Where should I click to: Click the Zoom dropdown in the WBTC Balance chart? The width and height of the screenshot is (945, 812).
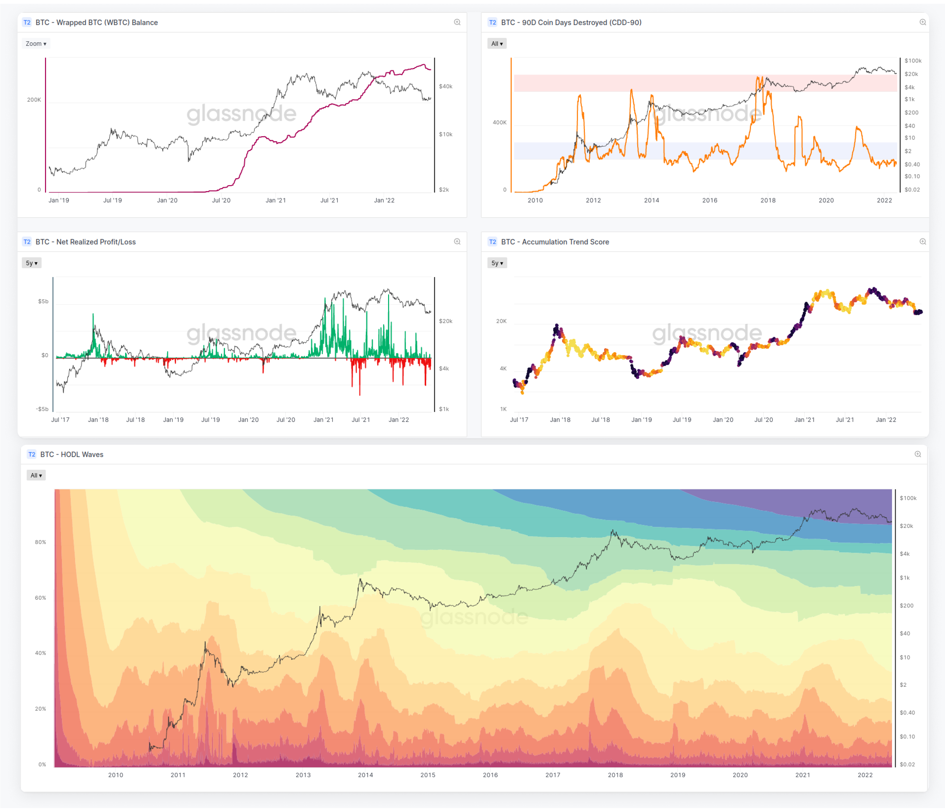click(x=36, y=44)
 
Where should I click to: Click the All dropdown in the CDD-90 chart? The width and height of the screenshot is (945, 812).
click(x=497, y=44)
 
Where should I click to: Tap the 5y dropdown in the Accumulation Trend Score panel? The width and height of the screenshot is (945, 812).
click(x=497, y=263)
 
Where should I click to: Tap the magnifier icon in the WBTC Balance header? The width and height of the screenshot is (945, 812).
click(x=457, y=22)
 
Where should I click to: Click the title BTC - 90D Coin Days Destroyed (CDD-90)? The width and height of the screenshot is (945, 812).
click(x=571, y=22)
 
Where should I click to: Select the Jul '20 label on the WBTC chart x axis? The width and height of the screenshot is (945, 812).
click(x=221, y=200)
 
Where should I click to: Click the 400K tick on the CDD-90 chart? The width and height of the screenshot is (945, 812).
click(x=499, y=122)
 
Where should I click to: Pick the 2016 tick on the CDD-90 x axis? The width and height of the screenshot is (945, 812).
click(x=710, y=200)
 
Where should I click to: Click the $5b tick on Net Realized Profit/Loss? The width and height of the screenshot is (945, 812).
click(x=43, y=301)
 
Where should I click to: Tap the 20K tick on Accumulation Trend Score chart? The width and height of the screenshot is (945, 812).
click(x=501, y=321)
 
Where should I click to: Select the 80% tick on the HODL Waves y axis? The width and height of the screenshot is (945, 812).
click(x=41, y=542)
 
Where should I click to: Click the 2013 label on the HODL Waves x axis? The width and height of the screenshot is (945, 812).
click(x=303, y=775)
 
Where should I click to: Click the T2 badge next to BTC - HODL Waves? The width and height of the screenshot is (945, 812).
click(x=32, y=455)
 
